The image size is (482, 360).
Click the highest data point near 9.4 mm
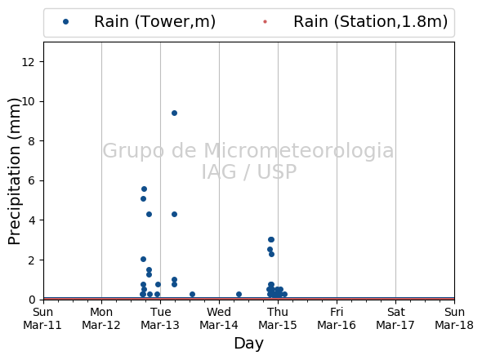(174, 113)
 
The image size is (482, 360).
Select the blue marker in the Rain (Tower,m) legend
(65, 21)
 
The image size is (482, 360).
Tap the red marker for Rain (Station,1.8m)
(265, 21)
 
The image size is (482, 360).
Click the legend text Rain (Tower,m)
(154, 21)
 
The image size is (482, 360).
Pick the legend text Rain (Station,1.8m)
(370, 21)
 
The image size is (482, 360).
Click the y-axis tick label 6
(31, 180)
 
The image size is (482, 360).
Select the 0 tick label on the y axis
(31, 300)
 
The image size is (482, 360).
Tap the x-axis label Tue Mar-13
(160, 318)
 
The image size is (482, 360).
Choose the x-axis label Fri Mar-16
(337, 318)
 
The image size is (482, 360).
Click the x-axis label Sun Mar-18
(454, 318)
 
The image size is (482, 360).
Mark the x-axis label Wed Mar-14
(219, 318)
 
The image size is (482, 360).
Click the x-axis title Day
(248, 344)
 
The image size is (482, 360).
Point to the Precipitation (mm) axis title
(14, 171)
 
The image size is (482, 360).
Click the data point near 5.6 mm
(144, 189)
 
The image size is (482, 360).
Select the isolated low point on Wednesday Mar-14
(239, 294)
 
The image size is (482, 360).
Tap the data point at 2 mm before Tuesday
(143, 260)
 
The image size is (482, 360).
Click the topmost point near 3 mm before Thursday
(270, 239)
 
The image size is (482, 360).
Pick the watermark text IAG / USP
(249, 171)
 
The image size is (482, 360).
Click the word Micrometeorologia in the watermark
(298, 150)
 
